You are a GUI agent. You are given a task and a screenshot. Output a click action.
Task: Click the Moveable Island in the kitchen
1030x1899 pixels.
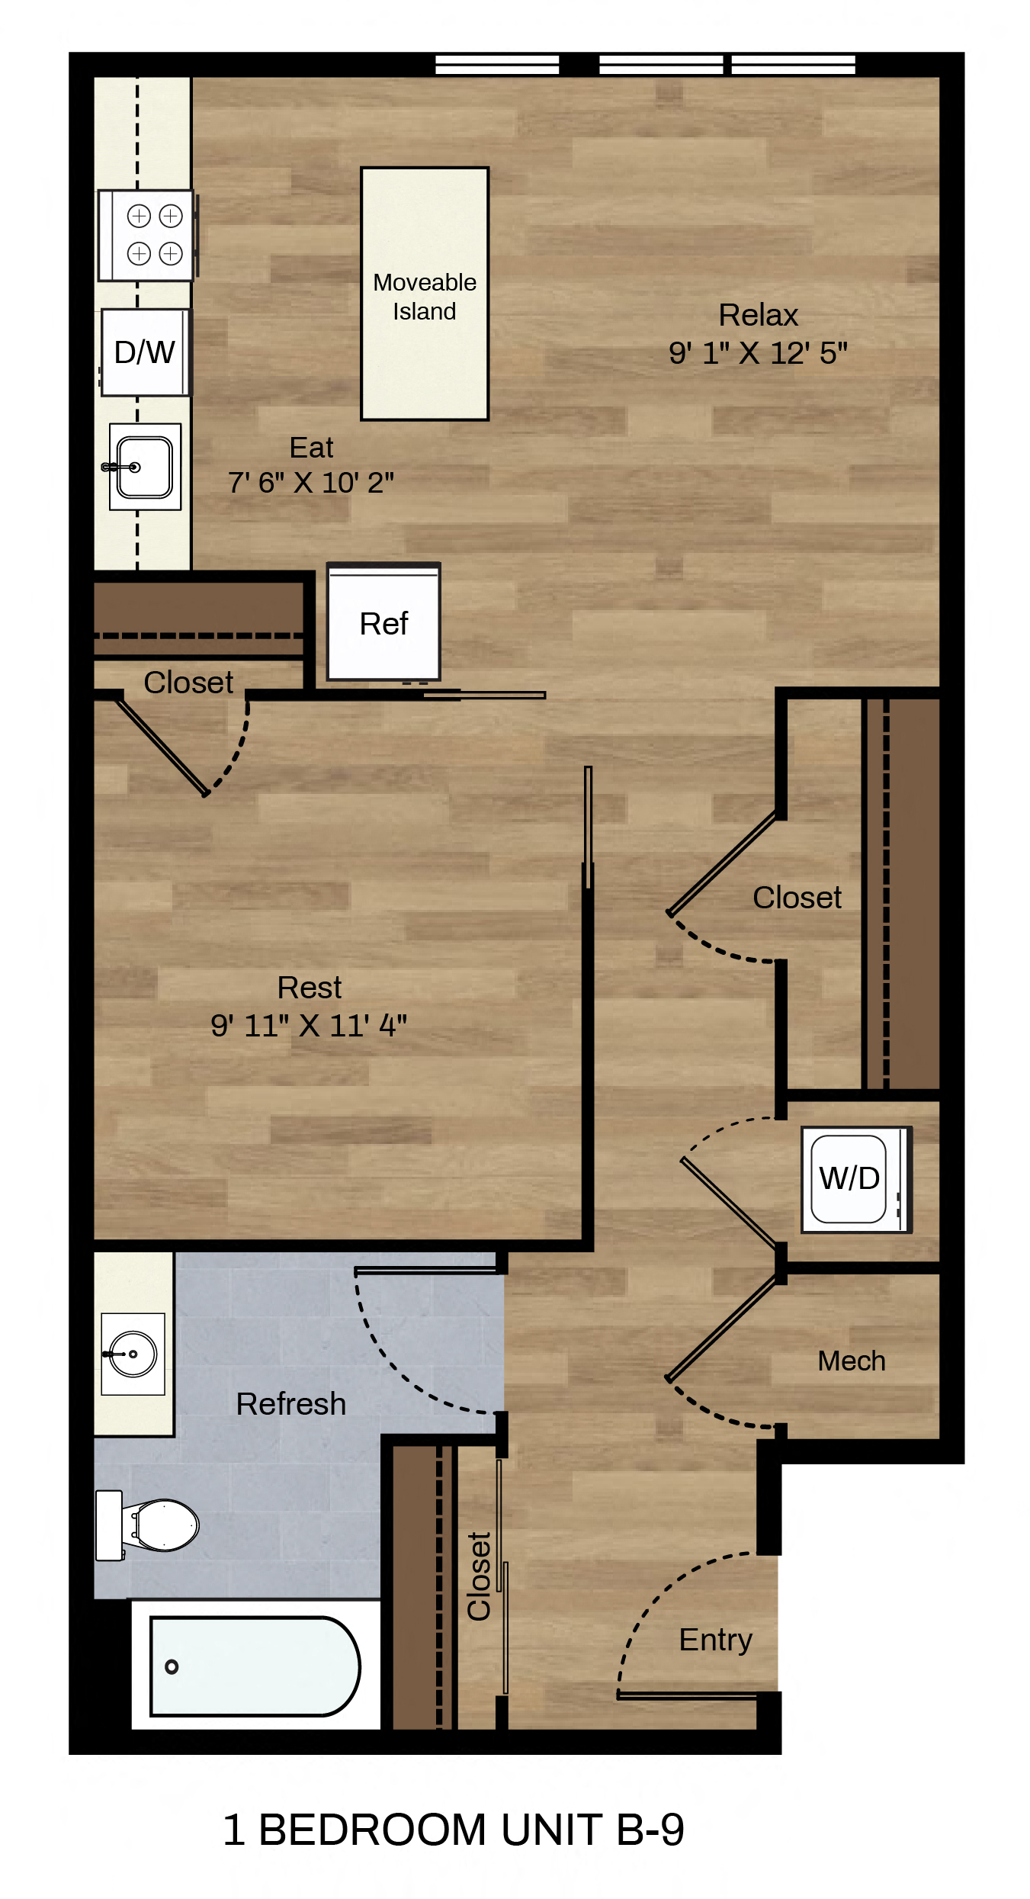point(425,294)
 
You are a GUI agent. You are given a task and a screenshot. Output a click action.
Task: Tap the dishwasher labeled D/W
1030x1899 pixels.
point(145,352)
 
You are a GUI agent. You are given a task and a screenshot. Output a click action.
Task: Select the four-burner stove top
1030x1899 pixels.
point(146,235)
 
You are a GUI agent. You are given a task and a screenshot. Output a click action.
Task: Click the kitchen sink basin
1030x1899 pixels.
point(145,467)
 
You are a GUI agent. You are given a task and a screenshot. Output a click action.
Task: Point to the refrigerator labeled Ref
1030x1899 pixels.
point(383,622)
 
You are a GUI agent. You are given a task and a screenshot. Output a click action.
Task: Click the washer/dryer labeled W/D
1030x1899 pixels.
point(855,1179)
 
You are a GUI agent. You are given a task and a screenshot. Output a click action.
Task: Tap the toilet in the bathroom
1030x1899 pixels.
point(149,1525)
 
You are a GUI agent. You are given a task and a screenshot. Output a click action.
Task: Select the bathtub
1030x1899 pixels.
point(255,1666)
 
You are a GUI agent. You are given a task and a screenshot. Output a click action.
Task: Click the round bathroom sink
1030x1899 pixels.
point(133,1354)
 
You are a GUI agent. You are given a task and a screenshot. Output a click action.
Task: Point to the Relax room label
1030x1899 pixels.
point(759,315)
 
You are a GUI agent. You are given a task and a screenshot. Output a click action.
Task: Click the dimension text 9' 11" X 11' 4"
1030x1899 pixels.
point(309,1026)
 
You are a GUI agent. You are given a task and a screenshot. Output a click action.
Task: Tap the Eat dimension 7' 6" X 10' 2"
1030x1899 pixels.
point(311,482)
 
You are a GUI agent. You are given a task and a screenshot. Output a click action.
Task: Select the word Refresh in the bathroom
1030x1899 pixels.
point(291,1404)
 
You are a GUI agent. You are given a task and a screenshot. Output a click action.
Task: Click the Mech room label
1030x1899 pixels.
point(852,1361)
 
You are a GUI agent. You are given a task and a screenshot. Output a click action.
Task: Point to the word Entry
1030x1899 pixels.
point(716,1640)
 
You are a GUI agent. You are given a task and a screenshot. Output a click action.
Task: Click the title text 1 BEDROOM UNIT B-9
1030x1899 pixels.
point(454,1830)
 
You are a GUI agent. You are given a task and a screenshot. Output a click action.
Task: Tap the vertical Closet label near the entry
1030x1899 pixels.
point(479,1576)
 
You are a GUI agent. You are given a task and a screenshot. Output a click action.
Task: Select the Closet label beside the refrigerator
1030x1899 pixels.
point(188,683)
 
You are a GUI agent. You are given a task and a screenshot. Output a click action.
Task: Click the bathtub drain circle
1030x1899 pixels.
point(172,1666)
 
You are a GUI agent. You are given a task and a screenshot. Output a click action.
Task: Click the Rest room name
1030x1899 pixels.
point(310,988)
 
